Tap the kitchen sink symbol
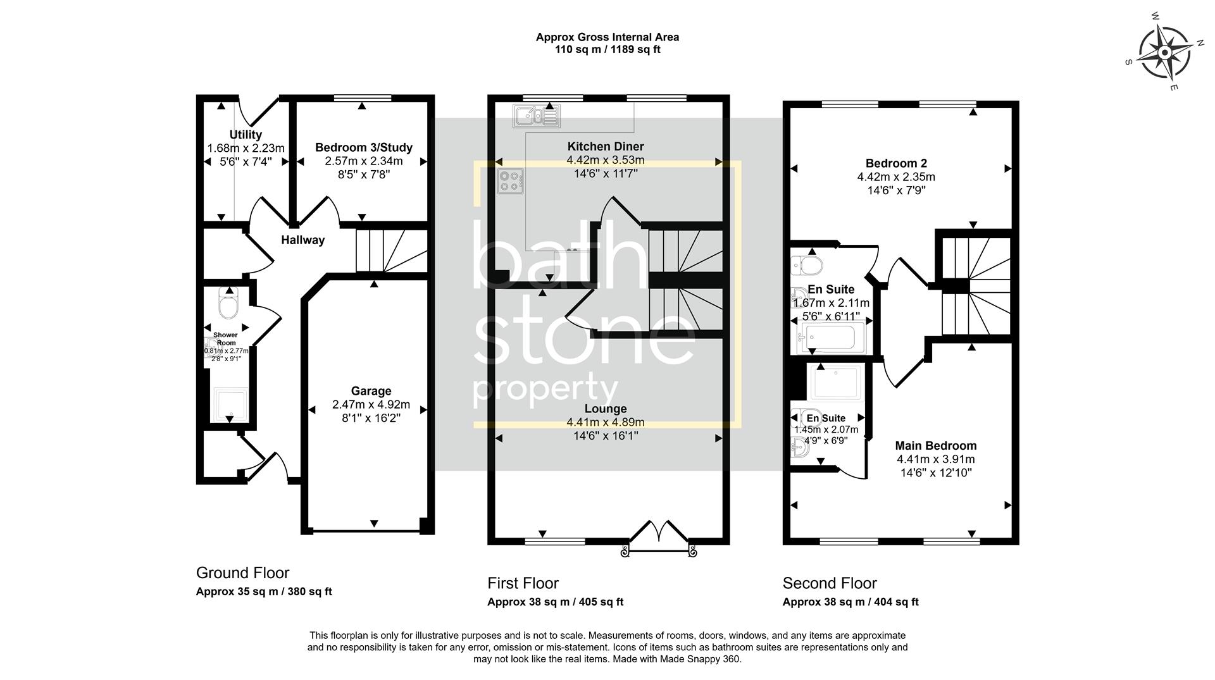pyautogui.click(x=537, y=116)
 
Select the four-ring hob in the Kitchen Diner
pyautogui.click(x=511, y=181)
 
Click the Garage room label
pyautogui.click(x=371, y=391)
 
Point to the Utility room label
pyautogui.click(x=246, y=135)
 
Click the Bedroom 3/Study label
pyautogui.click(x=363, y=147)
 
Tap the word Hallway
pyautogui.click(x=302, y=240)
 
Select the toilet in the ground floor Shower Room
pyautogui.click(x=227, y=304)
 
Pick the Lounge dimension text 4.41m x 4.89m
pyautogui.click(x=605, y=423)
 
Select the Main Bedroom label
pyautogui.click(x=935, y=445)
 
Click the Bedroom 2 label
pyautogui.click(x=896, y=163)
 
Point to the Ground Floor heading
pyautogui.click(x=242, y=572)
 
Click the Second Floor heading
pyautogui.click(x=830, y=583)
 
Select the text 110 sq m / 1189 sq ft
pyautogui.click(x=607, y=49)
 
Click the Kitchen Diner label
pyautogui.click(x=605, y=146)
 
